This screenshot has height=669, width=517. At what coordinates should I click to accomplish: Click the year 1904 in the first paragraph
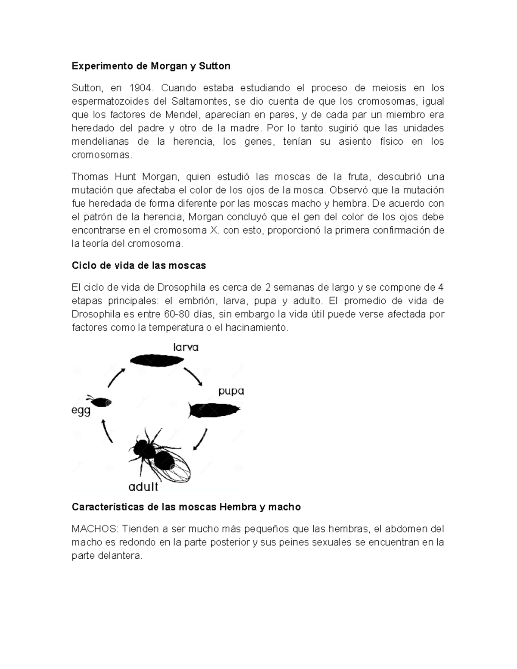(x=140, y=88)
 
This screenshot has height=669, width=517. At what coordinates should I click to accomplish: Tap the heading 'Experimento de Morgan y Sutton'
(x=151, y=66)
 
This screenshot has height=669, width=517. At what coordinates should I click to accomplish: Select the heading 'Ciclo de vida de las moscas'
(x=139, y=265)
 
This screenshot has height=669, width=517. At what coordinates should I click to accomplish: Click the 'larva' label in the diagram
(x=186, y=347)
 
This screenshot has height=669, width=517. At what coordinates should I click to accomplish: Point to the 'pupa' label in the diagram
(x=231, y=391)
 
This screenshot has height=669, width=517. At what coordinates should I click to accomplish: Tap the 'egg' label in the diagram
(x=81, y=411)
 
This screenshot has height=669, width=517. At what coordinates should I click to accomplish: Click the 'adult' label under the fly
(x=143, y=487)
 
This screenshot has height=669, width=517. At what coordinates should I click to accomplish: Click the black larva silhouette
(x=155, y=360)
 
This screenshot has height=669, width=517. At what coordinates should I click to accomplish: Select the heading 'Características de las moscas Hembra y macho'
(x=186, y=507)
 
